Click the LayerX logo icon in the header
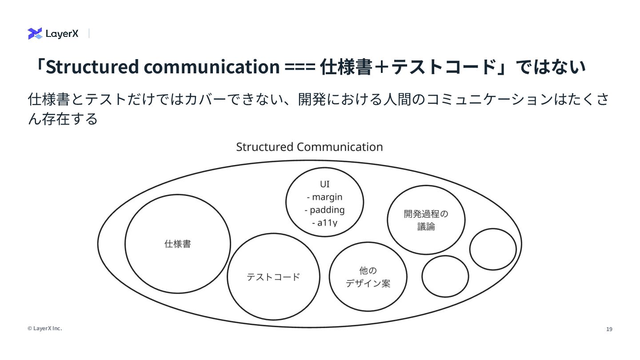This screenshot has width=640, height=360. point(35,33)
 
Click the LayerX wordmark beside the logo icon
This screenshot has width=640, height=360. point(62,34)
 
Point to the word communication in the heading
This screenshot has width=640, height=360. point(211,67)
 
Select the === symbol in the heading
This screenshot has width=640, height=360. point(300,67)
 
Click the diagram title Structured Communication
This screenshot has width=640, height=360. point(309,147)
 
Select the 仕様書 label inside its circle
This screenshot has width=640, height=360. point(178,244)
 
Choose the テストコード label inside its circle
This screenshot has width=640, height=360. point(273,277)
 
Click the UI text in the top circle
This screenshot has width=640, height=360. point(325,184)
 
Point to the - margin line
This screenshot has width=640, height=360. point(325,197)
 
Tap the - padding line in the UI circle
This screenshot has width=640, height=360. point(325,210)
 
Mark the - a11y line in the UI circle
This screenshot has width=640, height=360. point(325,222)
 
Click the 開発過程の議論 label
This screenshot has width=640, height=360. point(426,220)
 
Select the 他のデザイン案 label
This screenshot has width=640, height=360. point(368,277)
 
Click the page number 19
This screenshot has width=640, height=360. point(609,329)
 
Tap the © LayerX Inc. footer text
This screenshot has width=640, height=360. point(44,328)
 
